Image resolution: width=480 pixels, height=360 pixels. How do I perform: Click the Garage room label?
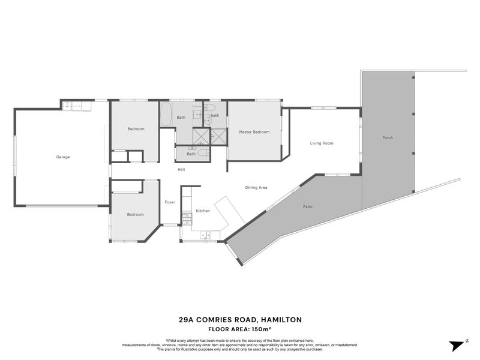click(x=63, y=157)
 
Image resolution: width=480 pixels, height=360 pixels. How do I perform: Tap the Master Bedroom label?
click(x=254, y=132)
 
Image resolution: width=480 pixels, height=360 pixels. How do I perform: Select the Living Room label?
click(x=322, y=143)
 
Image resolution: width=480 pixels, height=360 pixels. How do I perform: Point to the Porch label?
click(x=388, y=138)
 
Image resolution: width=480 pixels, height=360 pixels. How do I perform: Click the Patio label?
click(x=307, y=207)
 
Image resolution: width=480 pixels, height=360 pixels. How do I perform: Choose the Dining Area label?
click(x=256, y=188)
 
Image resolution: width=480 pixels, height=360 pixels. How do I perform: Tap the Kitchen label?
click(x=203, y=211)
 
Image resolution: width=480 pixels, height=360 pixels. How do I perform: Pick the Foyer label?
click(x=170, y=202)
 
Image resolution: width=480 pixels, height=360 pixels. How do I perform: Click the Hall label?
click(x=181, y=170)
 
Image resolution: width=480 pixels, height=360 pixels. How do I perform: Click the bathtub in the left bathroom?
click(x=166, y=114)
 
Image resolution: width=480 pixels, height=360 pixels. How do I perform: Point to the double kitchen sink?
click(x=203, y=235)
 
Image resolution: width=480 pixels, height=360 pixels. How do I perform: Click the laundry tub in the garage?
click(x=68, y=106)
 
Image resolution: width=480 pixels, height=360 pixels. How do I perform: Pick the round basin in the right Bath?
click(x=208, y=121)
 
